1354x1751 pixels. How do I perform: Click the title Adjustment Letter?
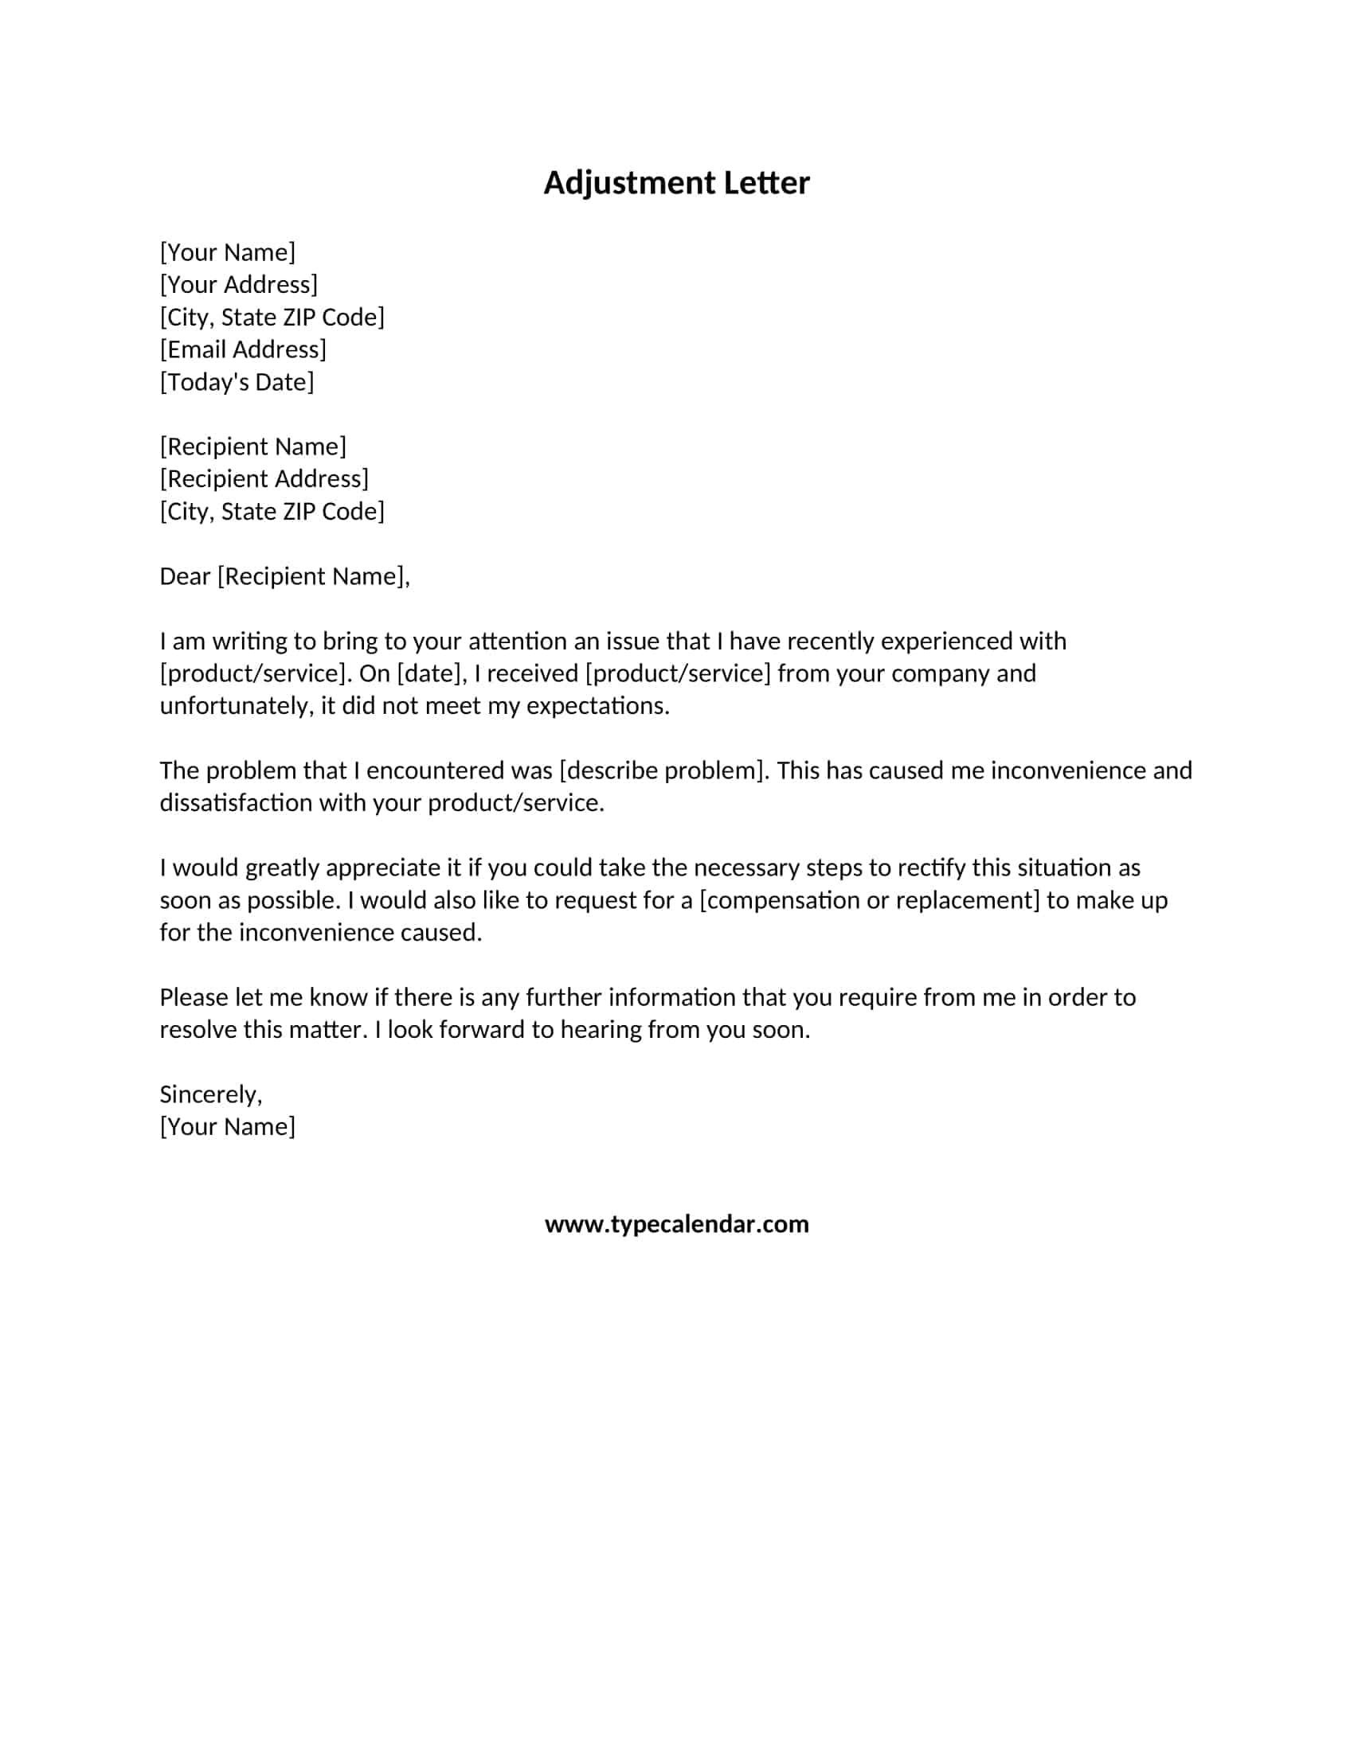[676, 183]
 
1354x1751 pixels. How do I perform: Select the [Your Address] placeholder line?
[238, 285]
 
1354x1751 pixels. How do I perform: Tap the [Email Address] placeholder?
[243, 349]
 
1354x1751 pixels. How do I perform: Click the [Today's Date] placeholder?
[237, 381]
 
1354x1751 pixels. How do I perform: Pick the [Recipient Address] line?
[264, 478]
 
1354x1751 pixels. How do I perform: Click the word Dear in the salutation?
[185, 576]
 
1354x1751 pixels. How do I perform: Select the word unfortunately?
[233, 705]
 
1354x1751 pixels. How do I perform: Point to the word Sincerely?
[210, 1094]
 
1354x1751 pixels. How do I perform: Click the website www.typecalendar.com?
[676, 1224]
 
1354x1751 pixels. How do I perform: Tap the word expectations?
[597, 705]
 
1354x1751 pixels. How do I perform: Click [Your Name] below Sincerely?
[227, 1126]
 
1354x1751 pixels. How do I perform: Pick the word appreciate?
[382, 868]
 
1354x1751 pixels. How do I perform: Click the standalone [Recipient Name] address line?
[252, 447]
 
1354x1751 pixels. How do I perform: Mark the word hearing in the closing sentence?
[599, 1029]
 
